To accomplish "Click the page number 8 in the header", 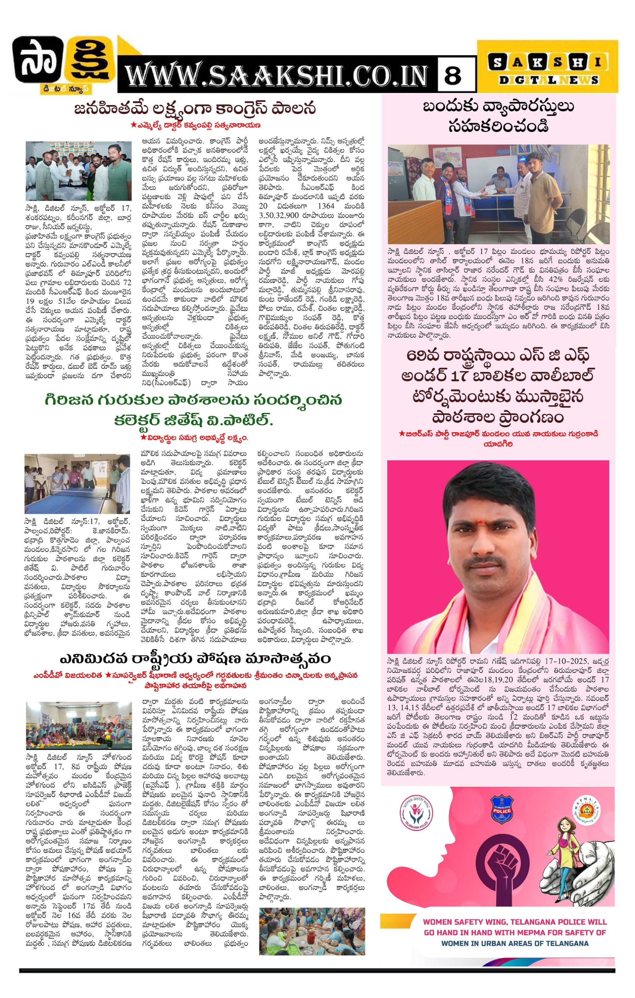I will [x=453, y=75].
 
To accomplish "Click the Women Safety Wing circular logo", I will [x=416, y=810].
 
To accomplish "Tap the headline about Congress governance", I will [x=195, y=109].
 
